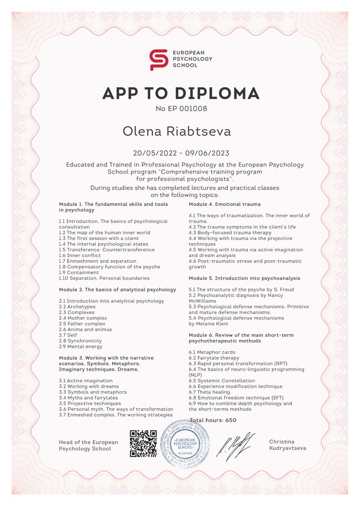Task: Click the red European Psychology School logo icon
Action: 159,60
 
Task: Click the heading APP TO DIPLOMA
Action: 181,93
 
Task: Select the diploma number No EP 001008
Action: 182,108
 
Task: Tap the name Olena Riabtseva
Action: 177,132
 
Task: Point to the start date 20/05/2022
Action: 154,153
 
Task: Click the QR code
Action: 140,443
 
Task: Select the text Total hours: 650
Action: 213,420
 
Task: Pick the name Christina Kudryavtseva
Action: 287,445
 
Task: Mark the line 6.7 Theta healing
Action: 209,392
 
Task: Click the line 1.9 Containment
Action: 79,272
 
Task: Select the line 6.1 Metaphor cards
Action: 212,352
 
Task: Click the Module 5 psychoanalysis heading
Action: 244,278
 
